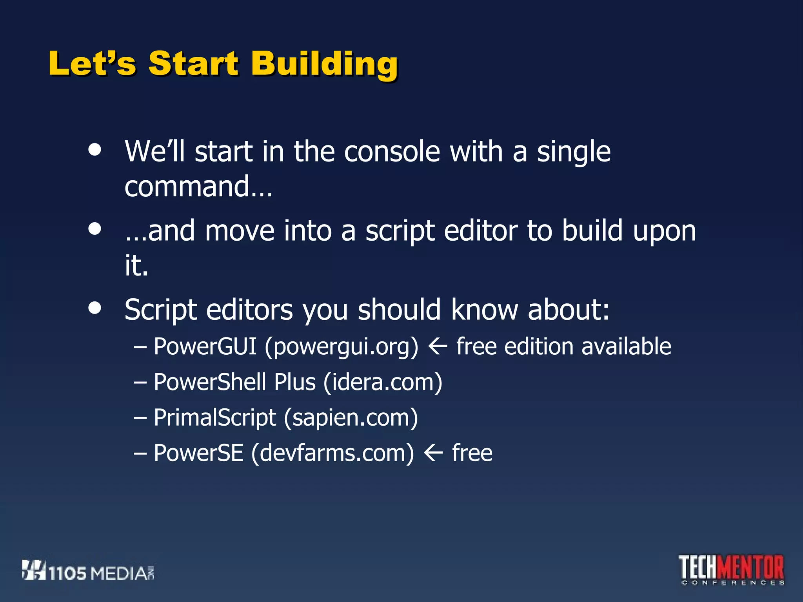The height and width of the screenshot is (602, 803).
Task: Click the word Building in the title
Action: tap(325, 63)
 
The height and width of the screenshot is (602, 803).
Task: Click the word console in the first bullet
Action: tap(392, 152)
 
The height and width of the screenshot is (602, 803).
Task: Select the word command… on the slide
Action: tap(198, 187)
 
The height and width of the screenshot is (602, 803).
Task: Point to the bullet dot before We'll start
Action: tap(94, 149)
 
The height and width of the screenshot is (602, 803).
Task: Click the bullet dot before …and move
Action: tap(94, 228)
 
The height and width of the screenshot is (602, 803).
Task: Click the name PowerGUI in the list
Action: tap(205, 346)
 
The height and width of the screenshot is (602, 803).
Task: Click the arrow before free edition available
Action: tap(438, 346)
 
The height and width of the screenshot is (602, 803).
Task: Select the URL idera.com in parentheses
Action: tap(383, 382)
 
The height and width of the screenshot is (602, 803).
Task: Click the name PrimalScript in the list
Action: tap(215, 418)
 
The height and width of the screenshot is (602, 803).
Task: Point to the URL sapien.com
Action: tap(351, 418)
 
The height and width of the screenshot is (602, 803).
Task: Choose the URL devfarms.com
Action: tap(332, 453)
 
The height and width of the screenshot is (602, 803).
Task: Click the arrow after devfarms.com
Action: tap(433, 453)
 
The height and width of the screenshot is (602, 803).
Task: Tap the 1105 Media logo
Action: tap(88, 571)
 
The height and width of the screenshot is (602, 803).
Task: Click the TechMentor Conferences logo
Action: tap(732, 570)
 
